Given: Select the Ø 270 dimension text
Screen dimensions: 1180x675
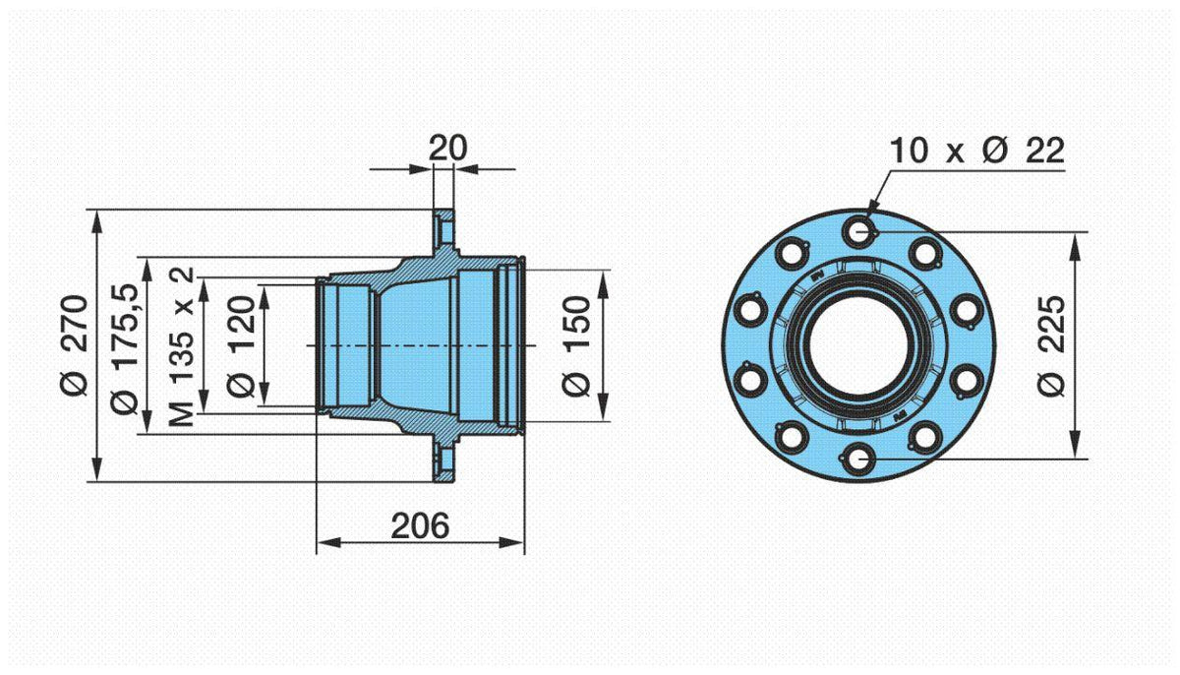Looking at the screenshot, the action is [x=74, y=345].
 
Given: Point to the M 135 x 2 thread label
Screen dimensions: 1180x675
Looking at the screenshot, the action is [x=181, y=346].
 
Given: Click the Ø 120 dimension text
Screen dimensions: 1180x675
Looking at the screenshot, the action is [x=241, y=346].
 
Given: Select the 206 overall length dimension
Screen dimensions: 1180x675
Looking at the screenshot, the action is [x=420, y=525].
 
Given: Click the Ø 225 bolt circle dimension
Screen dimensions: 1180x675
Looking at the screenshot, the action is [x=1051, y=345].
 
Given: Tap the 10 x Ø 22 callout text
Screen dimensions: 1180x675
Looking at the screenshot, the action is [x=977, y=151].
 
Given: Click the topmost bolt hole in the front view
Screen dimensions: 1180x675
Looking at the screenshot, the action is [x=858, y=231].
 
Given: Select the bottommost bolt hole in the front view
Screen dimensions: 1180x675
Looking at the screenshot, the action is [x=858, y=459].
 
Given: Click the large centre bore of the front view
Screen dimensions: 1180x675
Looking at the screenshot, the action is [x=858, y=345].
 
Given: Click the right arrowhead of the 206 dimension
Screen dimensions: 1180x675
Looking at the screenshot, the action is [x=511, y=543].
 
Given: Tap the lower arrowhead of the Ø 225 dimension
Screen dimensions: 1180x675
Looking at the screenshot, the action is [x=1075, y=446].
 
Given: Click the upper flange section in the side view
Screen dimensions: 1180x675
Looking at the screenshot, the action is [x=443, y=230].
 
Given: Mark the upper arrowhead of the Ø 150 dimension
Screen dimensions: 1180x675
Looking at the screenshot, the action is [x=604, y=283].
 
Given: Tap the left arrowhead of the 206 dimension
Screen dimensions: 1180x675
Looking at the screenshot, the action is [x=329, y=543].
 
